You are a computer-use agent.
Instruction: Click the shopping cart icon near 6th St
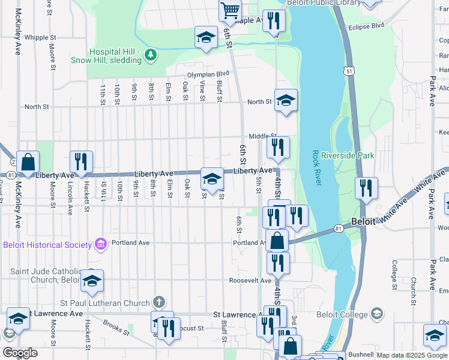[x=231, y=10]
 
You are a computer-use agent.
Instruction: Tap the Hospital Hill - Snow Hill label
[x=115, y=56]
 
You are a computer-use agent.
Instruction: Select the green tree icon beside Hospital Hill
[x=149, y=56]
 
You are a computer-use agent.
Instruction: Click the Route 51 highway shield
[x=349, y=71]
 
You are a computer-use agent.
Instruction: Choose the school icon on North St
[x=286, y=100]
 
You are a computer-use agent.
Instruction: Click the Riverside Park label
[x=348, y=155]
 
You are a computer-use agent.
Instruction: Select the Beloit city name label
[x=363, y=221]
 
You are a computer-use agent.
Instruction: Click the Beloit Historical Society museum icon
[x=100, y=244]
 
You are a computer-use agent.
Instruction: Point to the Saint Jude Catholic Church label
[x=45, y=275]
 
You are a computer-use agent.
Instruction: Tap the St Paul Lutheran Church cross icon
[x=158, y=301]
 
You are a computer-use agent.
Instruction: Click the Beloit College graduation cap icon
[x=376, y=314]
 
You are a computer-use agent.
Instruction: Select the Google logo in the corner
[x=20, y=353]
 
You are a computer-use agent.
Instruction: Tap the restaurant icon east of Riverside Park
[x=366, y=188]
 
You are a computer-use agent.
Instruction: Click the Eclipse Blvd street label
[x=369, y=26]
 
